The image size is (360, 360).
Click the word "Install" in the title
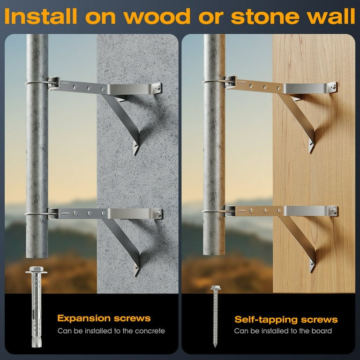click(x=40, y=16)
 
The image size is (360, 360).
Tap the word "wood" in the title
click(x=157, y=17)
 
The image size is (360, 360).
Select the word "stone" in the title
click(x=265, y=17)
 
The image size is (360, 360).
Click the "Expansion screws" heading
click(x=104, y=318)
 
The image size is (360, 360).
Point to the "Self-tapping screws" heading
click(x=286, y=319)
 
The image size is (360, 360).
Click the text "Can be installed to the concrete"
click(x=111, y=331)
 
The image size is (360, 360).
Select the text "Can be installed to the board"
click(x=283, y=331)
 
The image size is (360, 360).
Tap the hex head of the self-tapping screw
click(x=216, y=287)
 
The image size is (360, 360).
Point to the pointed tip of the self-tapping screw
click(x=215, y=346)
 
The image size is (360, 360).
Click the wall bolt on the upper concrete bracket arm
click(x=157, y=88)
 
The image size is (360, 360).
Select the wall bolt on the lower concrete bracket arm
click(x=158, y=214)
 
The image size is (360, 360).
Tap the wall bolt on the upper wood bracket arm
click(x=333, y=87)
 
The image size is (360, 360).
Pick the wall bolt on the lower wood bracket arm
click(x=334, y=211)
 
